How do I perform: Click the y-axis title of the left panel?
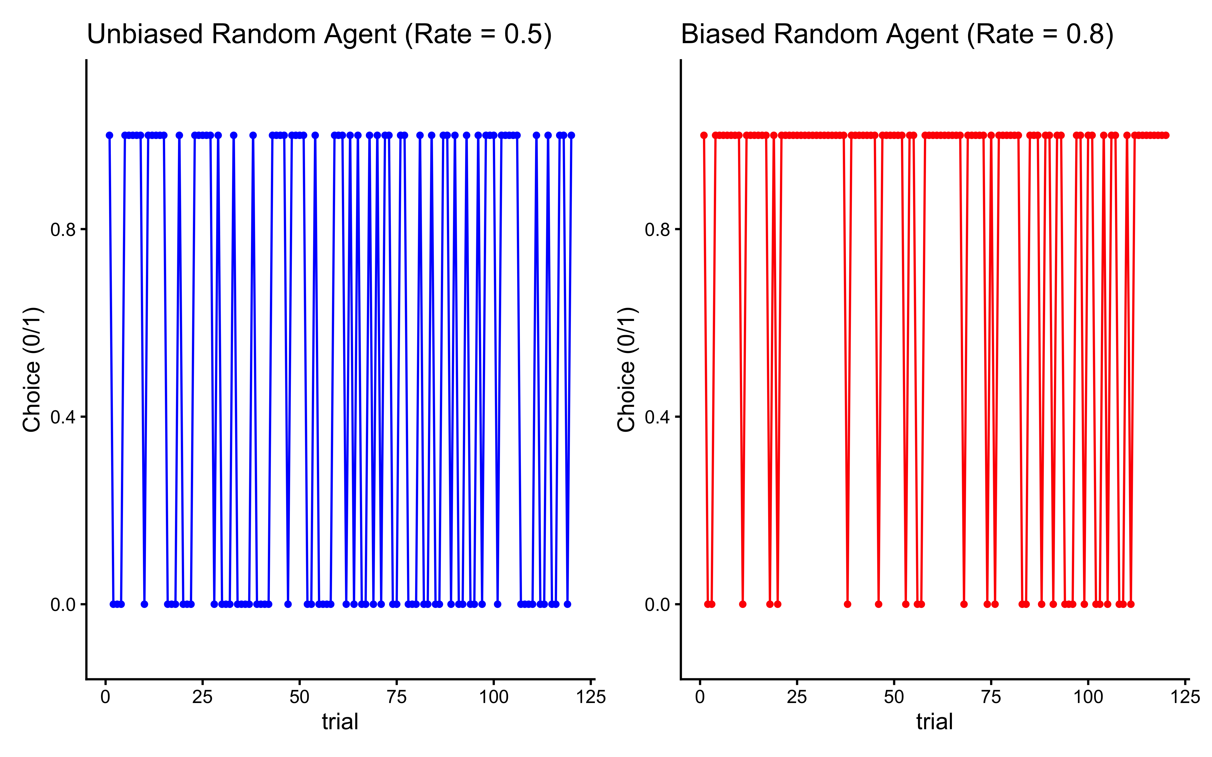click(32, 369)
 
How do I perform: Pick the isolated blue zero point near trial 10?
click(144, 604)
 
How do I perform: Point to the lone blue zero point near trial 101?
click(497, 604)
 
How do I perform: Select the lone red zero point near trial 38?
click(847, 604)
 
